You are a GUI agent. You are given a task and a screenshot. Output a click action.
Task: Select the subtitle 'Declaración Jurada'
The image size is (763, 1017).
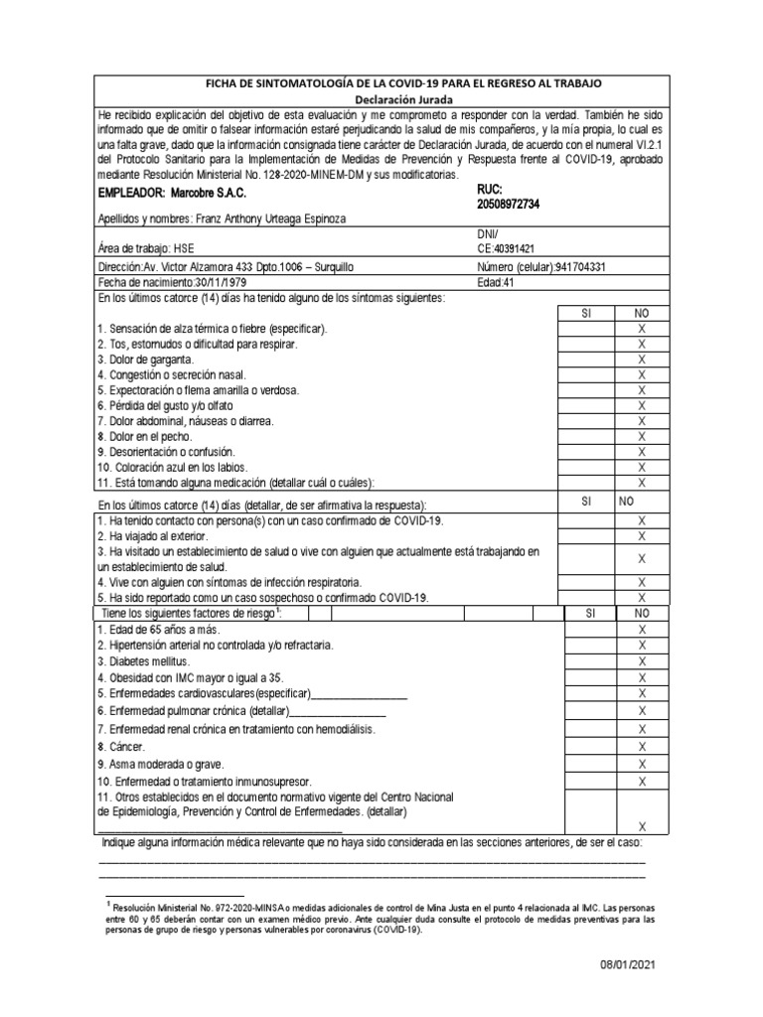pos(403,100)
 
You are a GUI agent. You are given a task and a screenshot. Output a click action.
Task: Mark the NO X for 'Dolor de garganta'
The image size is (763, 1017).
pos(641,360)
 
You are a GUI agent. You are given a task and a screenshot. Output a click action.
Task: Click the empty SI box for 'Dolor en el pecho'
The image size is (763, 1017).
pos(585,436)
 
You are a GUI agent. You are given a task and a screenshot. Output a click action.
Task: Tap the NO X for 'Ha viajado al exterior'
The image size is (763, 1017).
pos(641,536)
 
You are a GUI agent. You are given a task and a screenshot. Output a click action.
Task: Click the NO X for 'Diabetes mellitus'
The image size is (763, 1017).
pos(641,661)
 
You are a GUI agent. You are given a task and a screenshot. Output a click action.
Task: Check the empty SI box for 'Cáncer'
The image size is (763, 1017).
pos(585,747)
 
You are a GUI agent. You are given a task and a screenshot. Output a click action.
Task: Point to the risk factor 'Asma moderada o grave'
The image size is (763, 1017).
pos(160,764)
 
